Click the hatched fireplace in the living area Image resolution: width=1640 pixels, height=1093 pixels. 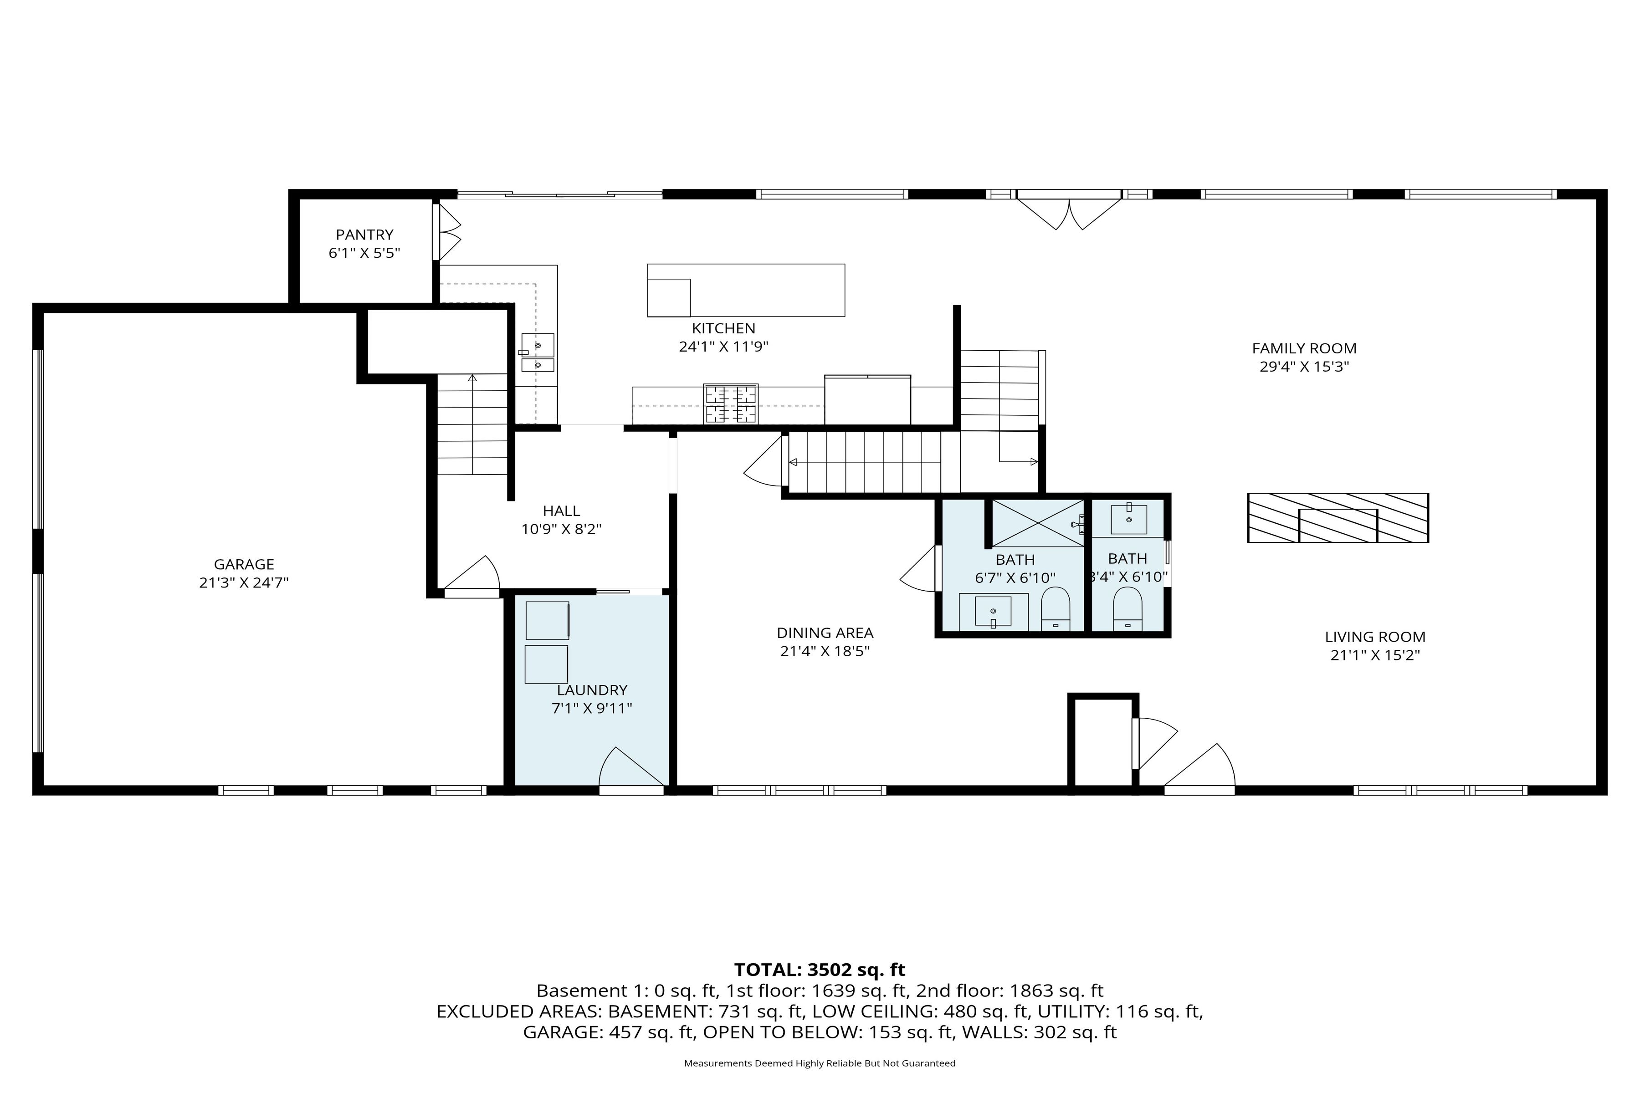pos(1338,518)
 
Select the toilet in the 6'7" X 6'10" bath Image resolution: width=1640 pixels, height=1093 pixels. pos(1055,607)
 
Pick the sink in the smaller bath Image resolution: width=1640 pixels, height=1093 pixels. pos(1128,519)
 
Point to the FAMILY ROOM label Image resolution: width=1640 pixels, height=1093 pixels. pos(1304,348)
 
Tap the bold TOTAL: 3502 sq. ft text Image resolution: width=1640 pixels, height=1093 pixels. pos(819,970)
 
